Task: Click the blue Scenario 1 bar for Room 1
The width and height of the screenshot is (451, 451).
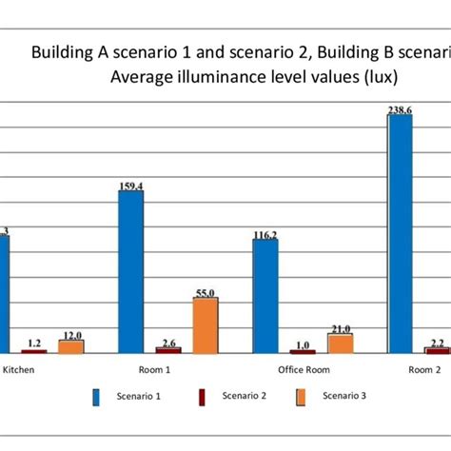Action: coord(130,272)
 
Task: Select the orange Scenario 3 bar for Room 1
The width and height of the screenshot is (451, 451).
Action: coord(205,325)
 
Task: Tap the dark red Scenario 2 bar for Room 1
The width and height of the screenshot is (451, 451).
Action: coord(167,351)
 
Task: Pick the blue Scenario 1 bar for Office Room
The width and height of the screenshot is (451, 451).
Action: coord(265,296)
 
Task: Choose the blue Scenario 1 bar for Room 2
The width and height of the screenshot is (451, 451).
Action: coord(400,234)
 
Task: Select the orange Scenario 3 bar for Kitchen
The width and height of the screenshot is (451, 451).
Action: coord(70,346)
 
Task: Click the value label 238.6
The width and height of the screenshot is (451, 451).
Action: coord(400,110)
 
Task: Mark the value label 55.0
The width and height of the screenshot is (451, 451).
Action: coord(205,293)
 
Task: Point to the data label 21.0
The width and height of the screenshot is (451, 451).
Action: coord(340,328)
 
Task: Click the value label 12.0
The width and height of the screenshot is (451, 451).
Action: coord(70,335)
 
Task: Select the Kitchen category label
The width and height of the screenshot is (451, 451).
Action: coord(22,370)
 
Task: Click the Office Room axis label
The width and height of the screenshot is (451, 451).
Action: coord(303,370)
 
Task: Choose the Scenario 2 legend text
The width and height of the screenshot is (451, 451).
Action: coord(245,396)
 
